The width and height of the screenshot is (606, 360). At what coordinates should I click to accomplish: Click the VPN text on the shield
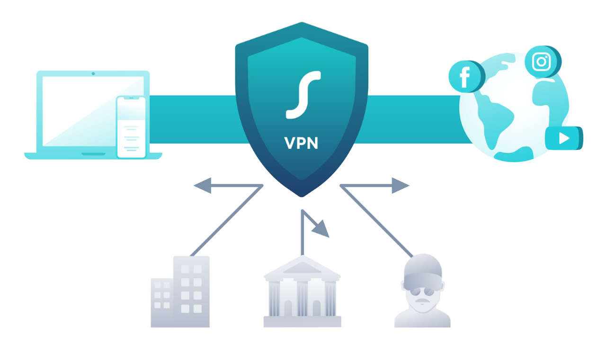coord(301,143)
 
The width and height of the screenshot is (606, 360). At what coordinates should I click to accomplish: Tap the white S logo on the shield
coord(303,94)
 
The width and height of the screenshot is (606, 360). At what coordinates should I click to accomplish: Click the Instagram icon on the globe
coord(541,62)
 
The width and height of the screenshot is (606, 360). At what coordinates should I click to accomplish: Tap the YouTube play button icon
coord(563,138)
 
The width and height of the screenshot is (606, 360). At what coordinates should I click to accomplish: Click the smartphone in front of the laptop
coord(132,127)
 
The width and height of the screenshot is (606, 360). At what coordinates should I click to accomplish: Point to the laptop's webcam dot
coord(93,73)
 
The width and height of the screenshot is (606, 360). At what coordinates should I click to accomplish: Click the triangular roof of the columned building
coord(302,268)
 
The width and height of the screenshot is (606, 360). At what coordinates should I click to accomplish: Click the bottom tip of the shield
coord(302,195)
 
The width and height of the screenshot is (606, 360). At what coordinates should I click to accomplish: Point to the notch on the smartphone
coord(132,98)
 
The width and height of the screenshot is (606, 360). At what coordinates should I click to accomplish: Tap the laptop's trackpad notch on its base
coord(94,154)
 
